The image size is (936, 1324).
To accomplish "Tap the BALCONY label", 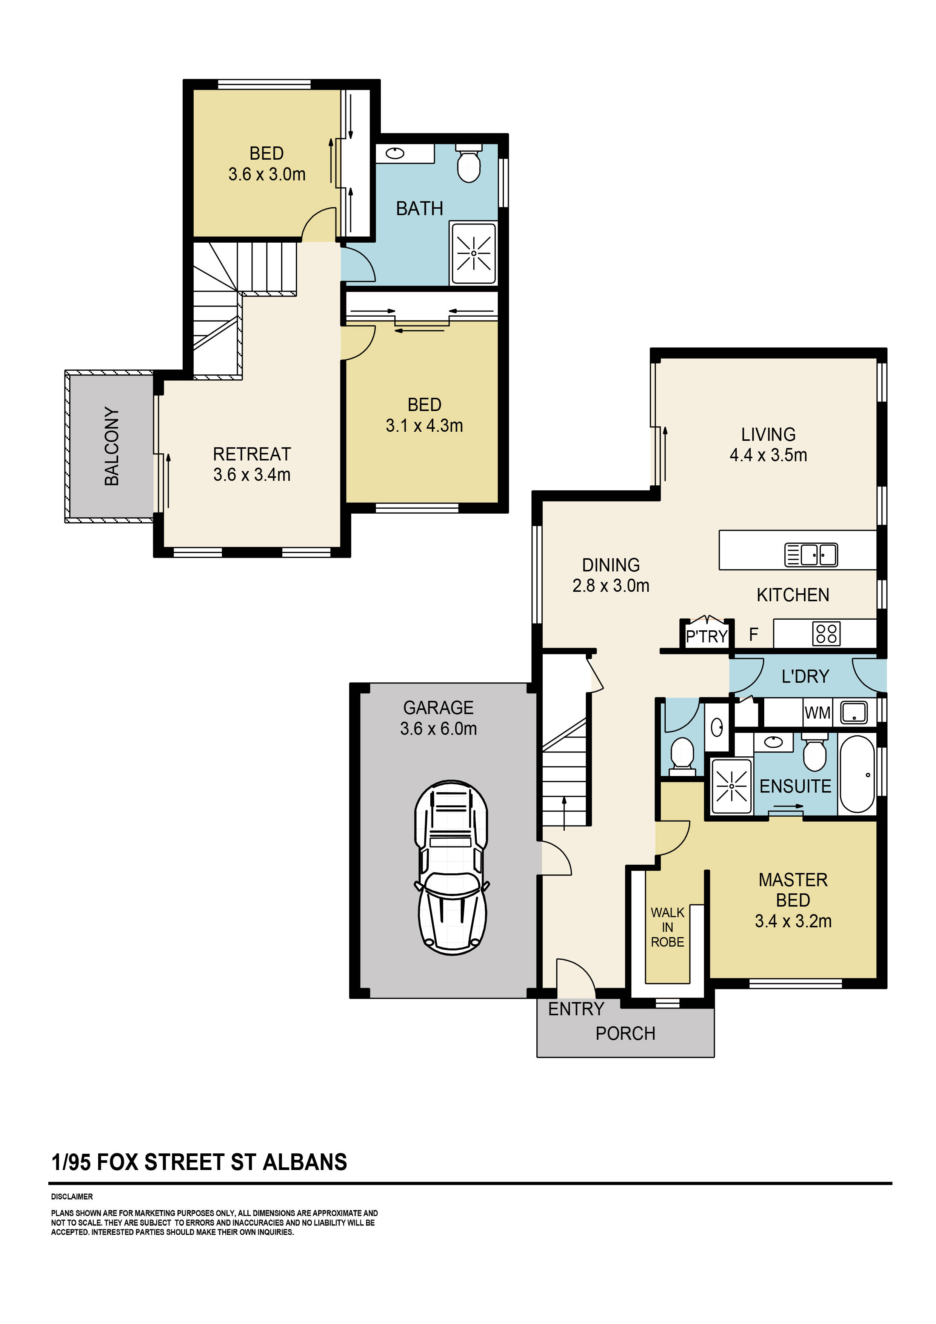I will point(112,446).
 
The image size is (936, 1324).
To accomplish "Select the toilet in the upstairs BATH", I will point(468,164).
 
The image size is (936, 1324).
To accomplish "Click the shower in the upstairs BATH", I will point(474,254).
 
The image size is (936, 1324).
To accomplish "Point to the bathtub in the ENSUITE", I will point(857,774).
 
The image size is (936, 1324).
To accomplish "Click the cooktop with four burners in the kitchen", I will point(826,633).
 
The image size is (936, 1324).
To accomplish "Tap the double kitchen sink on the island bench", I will point(810,555).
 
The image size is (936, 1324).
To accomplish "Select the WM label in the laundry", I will point(817,713).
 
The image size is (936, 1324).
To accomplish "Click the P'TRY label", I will point(706,637).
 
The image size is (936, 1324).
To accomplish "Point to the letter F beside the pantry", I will point(753,635).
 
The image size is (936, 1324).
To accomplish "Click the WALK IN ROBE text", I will point(667,927).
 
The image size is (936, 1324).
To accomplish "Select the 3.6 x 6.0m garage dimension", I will point(438,729).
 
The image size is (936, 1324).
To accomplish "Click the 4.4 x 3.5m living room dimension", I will point(768,455).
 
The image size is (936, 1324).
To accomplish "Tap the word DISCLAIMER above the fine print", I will point(71,1196).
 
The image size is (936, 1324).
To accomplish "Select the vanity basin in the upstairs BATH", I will point(395,153).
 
